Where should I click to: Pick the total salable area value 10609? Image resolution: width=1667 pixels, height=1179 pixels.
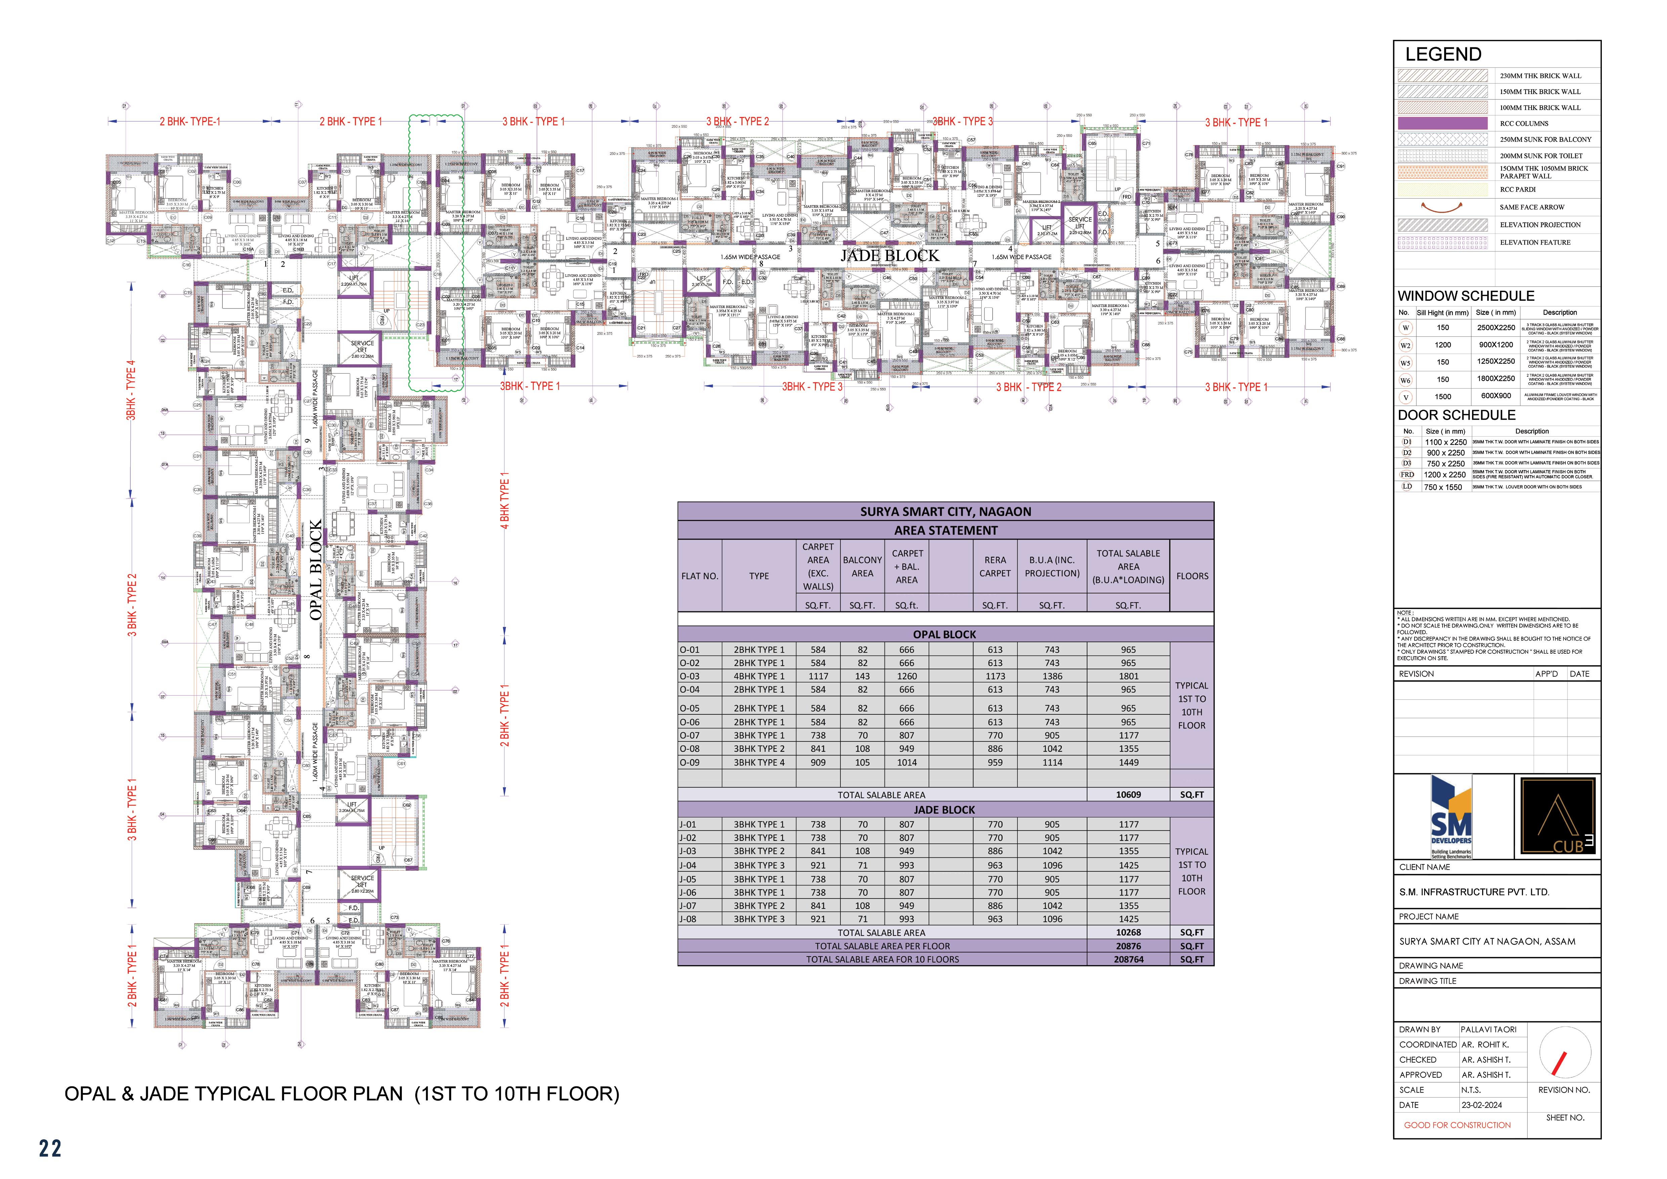pyautogui.click(x=1128, y=794)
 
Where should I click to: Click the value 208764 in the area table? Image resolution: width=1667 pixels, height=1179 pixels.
pyautogui.click(x=1128, y=959)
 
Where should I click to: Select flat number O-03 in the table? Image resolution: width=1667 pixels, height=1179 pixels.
pyautogui.click(x=690, y=676)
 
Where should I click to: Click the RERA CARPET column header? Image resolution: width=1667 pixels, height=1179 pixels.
pyautogui.click(x=995, y=566)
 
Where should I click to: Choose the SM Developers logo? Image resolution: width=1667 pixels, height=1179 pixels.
pyautogui.click(x=1451, y=817)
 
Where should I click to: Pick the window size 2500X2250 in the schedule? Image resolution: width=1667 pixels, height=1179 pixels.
pyautogui.click(x=1496, y=327)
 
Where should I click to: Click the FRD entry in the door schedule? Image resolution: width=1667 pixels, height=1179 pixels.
pyautogui.click(x=1407, y=474)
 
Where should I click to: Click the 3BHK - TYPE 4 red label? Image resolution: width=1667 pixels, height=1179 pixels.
pyautogui.click(x=131, y=390)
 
